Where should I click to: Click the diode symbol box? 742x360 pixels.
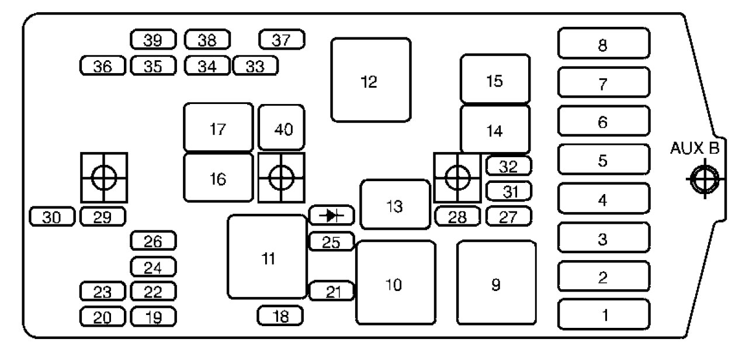point(332,216)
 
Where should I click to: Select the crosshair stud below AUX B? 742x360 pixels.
point(705,179)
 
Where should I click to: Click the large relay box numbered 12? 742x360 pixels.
point(370,80)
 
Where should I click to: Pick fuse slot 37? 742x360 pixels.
point(282,40)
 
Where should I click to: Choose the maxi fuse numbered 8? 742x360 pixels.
point(603,44)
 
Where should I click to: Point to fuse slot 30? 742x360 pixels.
point(53,216)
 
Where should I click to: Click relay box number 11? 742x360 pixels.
point(268,257)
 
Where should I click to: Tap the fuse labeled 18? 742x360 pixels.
point(280,316)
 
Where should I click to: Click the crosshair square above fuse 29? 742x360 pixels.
point(104,178)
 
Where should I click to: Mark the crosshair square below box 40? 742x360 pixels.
point(281,178)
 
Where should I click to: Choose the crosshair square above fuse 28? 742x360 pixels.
point(456,178)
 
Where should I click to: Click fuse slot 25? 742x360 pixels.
point(331,241)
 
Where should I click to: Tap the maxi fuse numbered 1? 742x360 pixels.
point(603,315)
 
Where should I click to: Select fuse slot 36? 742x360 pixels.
point(103,66)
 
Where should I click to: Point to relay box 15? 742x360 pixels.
point(495,79)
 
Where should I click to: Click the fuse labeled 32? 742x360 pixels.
point(508,166)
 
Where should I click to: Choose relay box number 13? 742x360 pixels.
point(395,205)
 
